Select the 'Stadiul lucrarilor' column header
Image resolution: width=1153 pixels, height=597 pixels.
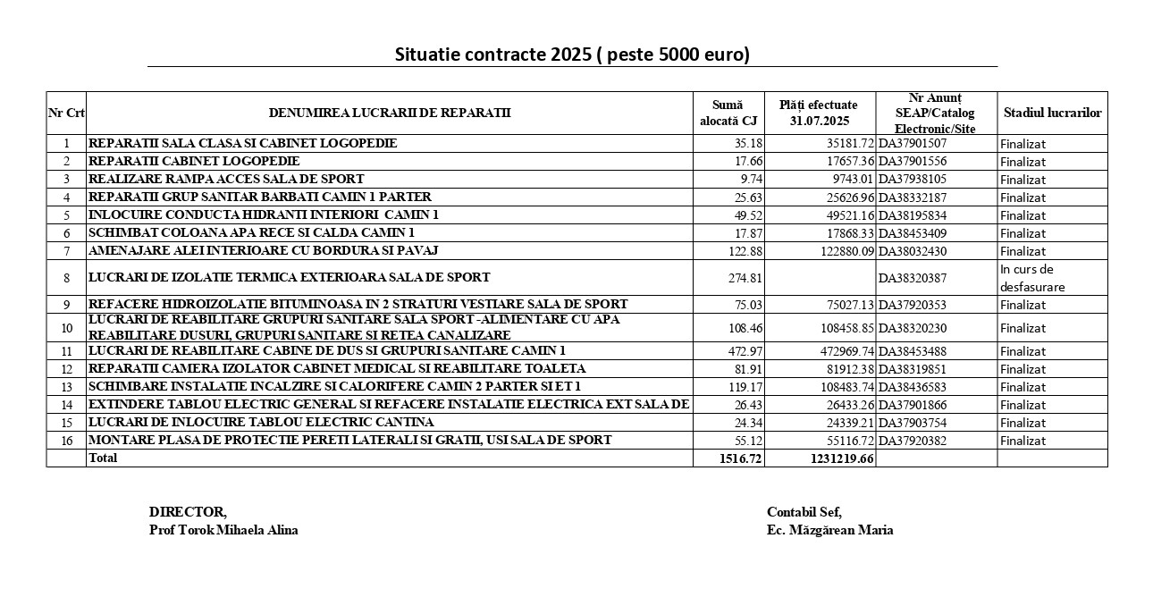pos(1052,114)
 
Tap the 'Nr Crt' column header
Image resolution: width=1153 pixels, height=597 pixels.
pos(66,114)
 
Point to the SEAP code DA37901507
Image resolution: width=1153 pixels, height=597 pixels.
pos(913,143)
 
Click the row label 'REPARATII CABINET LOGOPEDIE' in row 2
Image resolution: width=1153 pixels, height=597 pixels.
pos(194,162)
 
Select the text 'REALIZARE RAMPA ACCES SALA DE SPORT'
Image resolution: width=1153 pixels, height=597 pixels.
pos(226,180)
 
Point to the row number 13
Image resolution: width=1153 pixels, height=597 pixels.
pos(66,387)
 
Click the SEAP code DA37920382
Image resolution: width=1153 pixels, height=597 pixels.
pos(913,441)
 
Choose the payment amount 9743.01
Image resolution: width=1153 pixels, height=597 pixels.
pos(848,180)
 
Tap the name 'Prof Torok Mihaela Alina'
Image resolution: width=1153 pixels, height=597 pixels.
pos(223,530)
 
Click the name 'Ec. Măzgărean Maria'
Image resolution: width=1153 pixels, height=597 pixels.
pos(829,530)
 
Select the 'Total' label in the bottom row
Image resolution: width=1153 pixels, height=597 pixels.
pos(103,458)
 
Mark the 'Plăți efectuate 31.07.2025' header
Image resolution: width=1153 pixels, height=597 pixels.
pos(818,114)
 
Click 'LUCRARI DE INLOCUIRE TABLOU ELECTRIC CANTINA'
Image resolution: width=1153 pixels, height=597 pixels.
pos(261,422)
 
